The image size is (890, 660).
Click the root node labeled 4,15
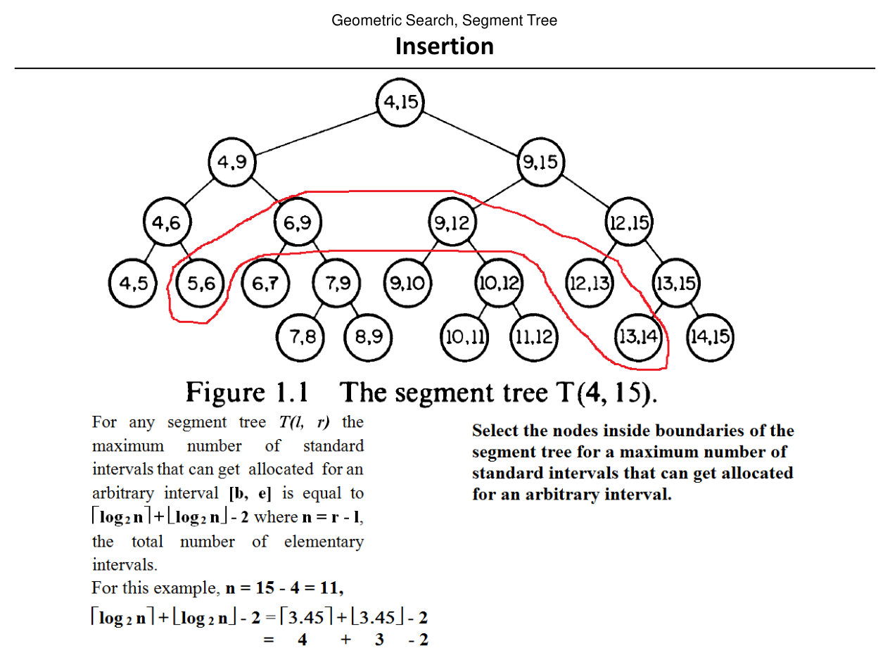point(400,103)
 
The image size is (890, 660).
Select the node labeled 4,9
point(231,163)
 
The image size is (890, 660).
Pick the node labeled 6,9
point(298,224)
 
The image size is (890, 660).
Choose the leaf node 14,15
point(710,336)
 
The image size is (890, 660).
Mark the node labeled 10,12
point(499,284)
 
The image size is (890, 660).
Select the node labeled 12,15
point(629,224)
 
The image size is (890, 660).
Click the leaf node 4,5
point(133,284)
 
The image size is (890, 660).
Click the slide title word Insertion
point(444,46)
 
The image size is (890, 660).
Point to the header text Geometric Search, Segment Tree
point(444,20)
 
